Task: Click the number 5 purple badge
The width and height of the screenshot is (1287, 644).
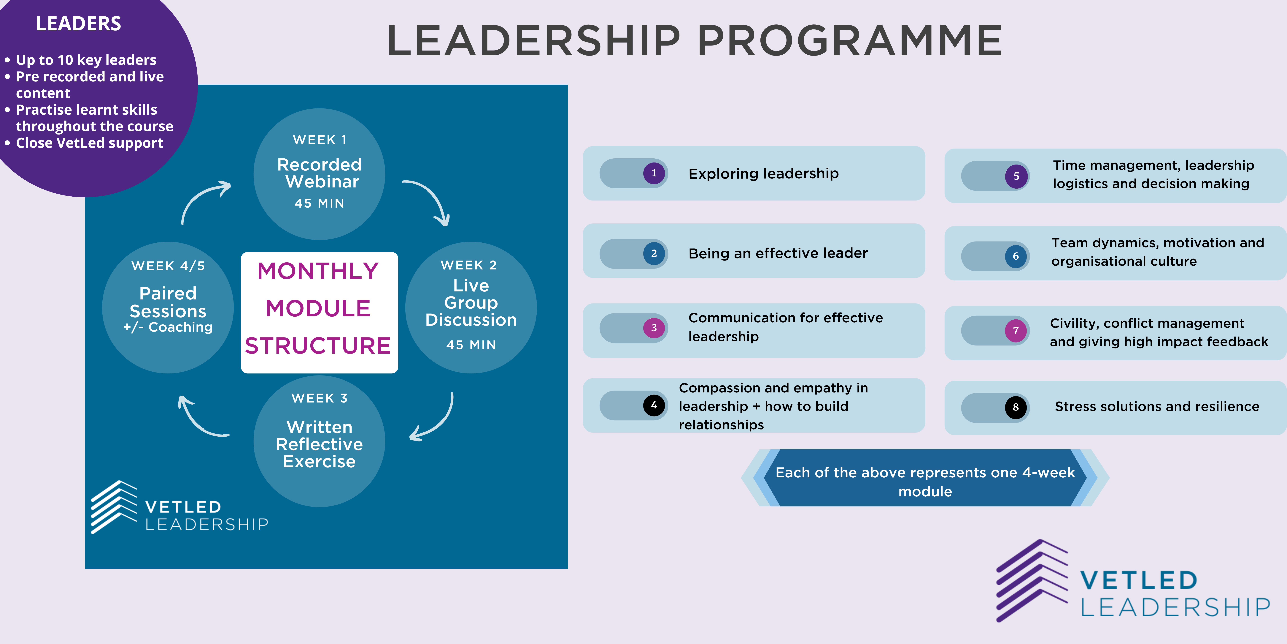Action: [1016, 176]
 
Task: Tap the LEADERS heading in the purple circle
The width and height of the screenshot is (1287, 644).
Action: [78, 23]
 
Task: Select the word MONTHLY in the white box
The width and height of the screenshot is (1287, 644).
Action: [318, 271]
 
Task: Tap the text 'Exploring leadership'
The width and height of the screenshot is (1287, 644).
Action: [763, 173]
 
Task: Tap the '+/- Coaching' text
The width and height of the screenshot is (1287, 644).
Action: [168, 327]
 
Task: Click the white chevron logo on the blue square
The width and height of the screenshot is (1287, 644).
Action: [114, 506]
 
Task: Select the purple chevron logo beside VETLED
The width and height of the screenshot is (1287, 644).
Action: [1030, 580]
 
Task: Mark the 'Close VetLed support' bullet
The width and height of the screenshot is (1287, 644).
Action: [89, 143]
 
